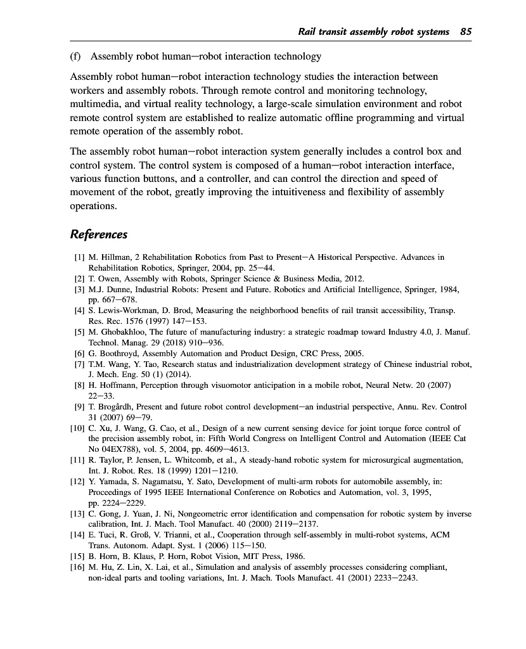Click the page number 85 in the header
point(466,31)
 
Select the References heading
point(98,235)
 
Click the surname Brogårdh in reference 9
point(116,406)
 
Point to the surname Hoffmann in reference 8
point(118,384)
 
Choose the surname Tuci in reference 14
point(108,535)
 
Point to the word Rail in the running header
point(308,31)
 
